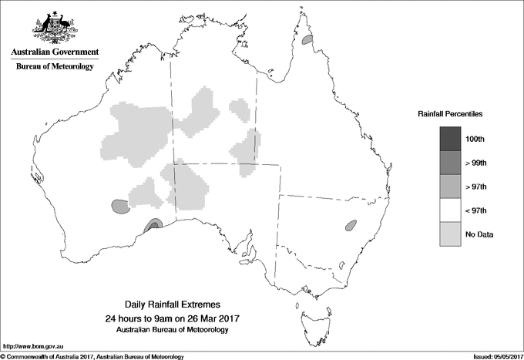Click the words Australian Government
pyautogui.click(x=55, y=52)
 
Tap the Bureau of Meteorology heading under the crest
pyautogui.click(x=55, y=67)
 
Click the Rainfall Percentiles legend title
pyautogui.click(x=450, y=113)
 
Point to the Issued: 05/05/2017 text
pyautogui.click(x=492, y=355)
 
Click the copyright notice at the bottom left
pyautogui.click(x=92, y=355)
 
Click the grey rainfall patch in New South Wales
pyautogui.click(x=351, y=226)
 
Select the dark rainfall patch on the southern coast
pyautogui.click(x=153, y=225)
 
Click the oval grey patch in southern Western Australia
pyautogui.click(x=119, y=206)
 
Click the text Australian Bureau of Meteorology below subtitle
pyautogui.click(x=172, y=330)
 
